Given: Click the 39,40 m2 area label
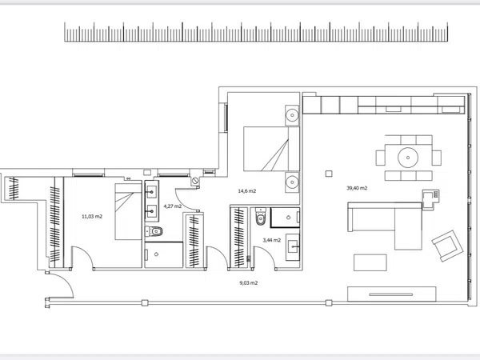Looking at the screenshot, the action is coord(357,188).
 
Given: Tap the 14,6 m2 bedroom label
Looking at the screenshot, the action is coord(247,191).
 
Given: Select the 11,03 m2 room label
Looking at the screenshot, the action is coord(92,217).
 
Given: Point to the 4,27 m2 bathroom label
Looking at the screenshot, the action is coord(173,206).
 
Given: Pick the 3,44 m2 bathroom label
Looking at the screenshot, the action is coord(272,240).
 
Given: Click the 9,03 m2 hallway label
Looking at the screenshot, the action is coord(249,283).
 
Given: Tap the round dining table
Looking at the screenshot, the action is coord(408,158).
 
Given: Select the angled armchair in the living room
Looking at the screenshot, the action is coord(447,246).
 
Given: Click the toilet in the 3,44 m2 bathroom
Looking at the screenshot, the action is coord(261,217).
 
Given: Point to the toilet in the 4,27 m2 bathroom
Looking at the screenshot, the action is coord(154,231).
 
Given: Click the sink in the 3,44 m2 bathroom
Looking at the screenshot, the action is coord(293,247).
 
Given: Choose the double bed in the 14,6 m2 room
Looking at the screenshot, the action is coord(271,149).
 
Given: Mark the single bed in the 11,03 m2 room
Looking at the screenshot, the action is coord(128,211).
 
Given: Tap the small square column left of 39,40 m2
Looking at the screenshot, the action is coord(329,174).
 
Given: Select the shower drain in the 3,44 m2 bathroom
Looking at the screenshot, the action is coord(288,218).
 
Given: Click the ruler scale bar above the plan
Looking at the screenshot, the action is coord(256,31).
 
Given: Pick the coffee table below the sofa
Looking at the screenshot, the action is coord(370,262).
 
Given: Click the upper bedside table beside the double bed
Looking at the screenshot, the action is coord(292,115).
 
